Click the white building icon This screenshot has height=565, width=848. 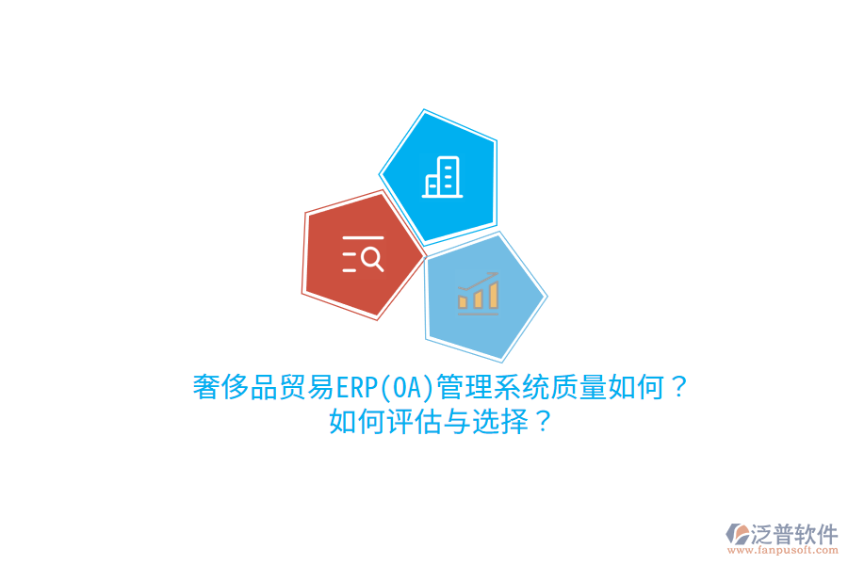pos(441,176)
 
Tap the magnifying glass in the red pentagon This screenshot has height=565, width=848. pos(371,257)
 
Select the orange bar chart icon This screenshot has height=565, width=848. pos(478,293)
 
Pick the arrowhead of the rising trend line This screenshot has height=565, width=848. pos(495,276)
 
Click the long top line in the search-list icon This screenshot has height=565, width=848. pos(363,238)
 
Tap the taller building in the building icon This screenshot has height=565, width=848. pos(447,174)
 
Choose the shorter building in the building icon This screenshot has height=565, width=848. pos(432,185)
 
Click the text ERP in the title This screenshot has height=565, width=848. pos(355,387)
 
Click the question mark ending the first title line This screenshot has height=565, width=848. pos(678,387)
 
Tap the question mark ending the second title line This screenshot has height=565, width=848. pos(541,421)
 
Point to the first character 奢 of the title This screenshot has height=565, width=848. pos(206,387)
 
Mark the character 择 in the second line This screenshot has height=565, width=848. pos(514,421)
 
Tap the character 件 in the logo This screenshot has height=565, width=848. pos(826,534)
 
